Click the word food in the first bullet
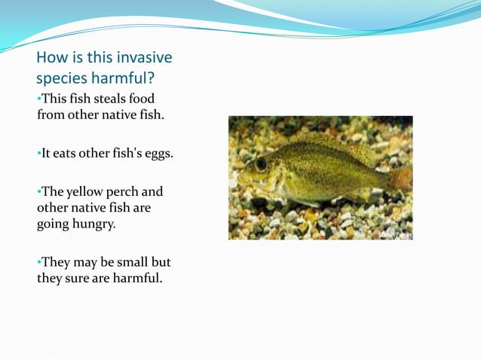143,98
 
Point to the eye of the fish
261,162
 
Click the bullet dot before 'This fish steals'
38,99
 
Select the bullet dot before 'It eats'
38,154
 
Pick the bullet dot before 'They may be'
38,263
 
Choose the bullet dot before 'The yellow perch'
38,192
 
